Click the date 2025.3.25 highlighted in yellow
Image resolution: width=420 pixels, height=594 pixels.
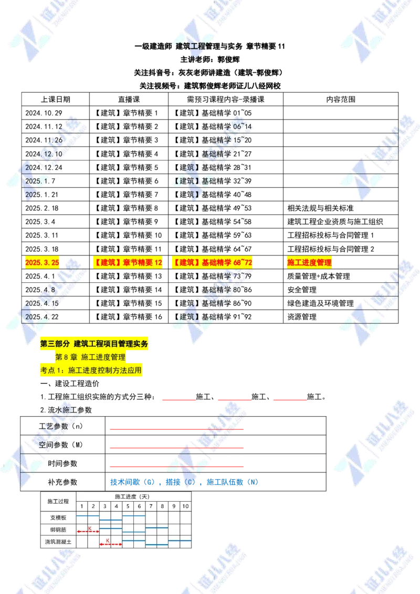[43, 262]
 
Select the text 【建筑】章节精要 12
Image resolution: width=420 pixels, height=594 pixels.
[128, 262]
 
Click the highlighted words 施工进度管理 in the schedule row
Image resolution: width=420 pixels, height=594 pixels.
[310, 262]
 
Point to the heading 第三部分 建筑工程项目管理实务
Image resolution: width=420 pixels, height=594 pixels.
[94, 344]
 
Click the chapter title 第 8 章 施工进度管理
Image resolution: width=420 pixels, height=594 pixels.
[90, 357]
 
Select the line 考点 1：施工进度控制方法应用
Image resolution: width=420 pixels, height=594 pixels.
[90, 370]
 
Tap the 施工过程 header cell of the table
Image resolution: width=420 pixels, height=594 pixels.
[58, 501]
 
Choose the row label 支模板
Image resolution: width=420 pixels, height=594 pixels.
[58, 518]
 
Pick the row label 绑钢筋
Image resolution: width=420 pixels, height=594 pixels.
[58, 530]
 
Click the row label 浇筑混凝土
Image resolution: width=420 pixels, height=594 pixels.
[58, 542]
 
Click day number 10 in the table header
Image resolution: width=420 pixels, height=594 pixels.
[185, 506]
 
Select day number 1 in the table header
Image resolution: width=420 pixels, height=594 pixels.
[82, 506]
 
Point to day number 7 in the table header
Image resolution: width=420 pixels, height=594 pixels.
[151, 506]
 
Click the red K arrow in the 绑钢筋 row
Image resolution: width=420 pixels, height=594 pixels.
[88, 532]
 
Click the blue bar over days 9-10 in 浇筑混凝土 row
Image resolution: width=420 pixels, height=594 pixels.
[180, 540]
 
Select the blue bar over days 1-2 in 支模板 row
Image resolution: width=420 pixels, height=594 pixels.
[88, 516]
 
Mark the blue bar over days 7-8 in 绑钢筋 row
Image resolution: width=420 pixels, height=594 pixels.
[156, 527]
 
